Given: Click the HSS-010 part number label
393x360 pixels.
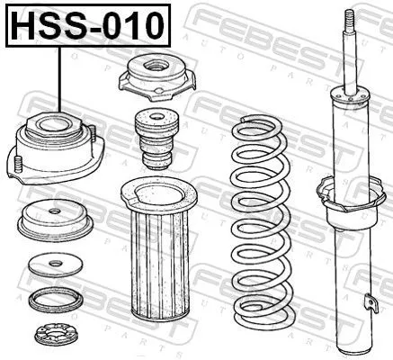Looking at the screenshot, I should click(x=87, y=24).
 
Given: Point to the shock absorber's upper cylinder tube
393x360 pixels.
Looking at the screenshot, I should click(x=347, y=135).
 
